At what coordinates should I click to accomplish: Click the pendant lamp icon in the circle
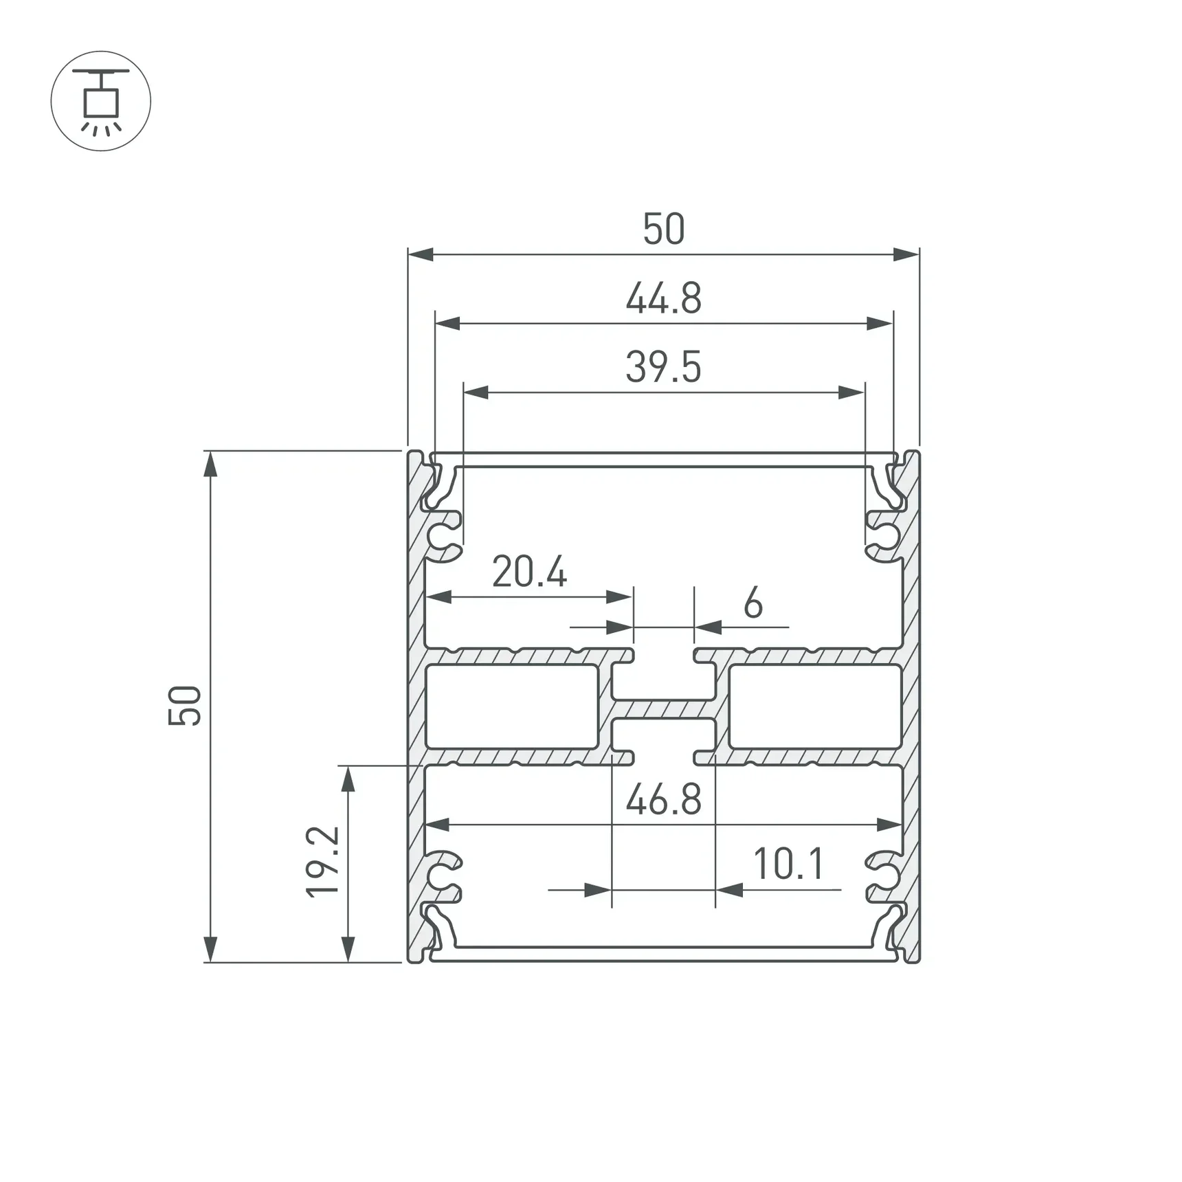click(x=101, y=101)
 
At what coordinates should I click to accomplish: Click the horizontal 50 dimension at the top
click(x=663, y=229)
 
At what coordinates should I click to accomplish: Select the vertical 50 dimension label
click(x=185, y=706)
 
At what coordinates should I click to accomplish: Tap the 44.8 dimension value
click(x=663, y=299)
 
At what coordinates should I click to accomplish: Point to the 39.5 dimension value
click(x=663, y=367)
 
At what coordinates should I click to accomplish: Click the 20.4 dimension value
click(x=529, y=572)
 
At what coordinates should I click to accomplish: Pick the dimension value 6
click(x=753, y=603)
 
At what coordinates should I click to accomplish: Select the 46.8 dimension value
click(x=663, y=800)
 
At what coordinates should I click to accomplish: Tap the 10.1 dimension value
click(x=788, y=864)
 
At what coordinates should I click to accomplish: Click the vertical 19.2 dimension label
click(x=323, y=862)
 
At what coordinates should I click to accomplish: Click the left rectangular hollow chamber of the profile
click(x=511, y=706)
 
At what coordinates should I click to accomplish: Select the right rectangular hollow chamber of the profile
click(x=815, y=706)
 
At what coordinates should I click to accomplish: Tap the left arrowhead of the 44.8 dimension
click(x=447, y=323)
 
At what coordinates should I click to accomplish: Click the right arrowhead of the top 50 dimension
click(x=906, y=255)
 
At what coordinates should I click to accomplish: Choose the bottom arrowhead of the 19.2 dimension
click(x=348, y=949)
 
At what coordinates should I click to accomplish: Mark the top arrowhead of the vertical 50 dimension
click(x=210, y=465)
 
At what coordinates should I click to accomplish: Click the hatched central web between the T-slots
click(x=663, y=709)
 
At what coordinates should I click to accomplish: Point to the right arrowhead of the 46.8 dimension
click(x=889, y=824)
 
